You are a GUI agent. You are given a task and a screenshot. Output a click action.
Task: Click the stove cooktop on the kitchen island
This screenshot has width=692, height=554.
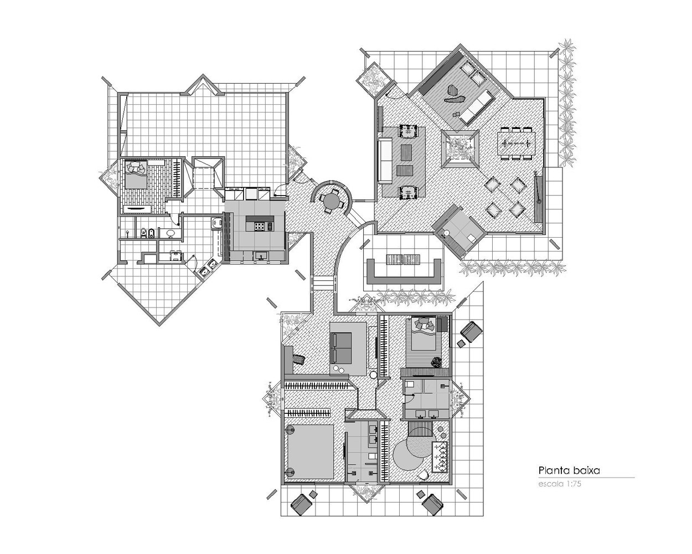coord(260,226)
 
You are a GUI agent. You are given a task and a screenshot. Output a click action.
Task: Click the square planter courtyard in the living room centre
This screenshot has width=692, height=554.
coord(459,148)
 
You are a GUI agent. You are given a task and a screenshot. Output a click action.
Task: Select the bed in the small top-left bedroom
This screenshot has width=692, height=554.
coord(135,174)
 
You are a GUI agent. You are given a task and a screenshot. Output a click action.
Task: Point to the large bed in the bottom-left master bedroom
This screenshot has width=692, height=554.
coord(310,451)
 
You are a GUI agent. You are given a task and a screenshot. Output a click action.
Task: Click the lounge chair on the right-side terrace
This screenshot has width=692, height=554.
coord(472,331)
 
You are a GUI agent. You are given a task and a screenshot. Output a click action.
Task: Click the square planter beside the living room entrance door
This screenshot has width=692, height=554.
coord(373,79)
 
